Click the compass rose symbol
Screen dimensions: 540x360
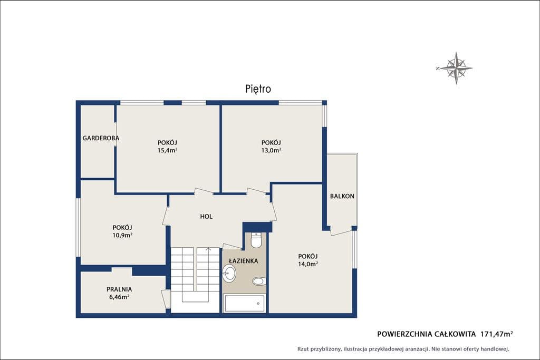[456, 68]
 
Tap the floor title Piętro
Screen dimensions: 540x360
[258, 89]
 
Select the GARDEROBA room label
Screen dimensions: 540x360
[101, 138]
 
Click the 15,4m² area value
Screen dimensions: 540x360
[167, 150]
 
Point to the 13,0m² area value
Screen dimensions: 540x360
[271, 150]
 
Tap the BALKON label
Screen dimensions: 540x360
[342, 196]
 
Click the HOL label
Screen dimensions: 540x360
[206, 217]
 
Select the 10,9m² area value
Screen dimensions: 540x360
[122, 235]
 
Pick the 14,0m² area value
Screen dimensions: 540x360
[308, 264]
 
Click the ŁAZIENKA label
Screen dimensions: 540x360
[244, 261]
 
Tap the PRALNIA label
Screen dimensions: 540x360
[119, 289]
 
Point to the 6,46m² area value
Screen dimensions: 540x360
[119, 297]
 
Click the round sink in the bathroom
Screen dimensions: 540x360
[229, 273]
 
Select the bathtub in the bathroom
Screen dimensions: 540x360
[244, 303]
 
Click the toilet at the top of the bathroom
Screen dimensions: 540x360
[256, 240]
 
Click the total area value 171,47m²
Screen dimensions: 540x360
[497, 334]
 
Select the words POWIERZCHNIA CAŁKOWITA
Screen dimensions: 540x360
[426, 334]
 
